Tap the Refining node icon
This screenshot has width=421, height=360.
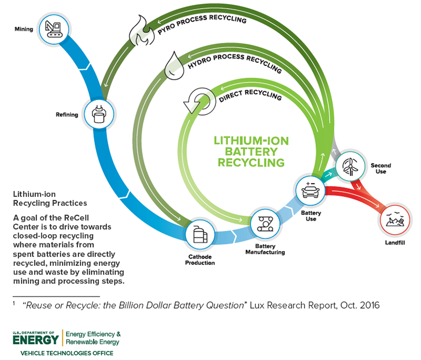99,114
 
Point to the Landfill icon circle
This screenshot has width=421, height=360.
394,219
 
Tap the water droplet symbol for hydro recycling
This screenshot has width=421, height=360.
173,66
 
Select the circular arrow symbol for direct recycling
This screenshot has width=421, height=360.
194,101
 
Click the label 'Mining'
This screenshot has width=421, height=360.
24,29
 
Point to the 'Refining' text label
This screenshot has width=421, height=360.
67,115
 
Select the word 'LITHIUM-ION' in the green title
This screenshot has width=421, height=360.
251,141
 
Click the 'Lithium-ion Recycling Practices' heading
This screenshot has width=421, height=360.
50,199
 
